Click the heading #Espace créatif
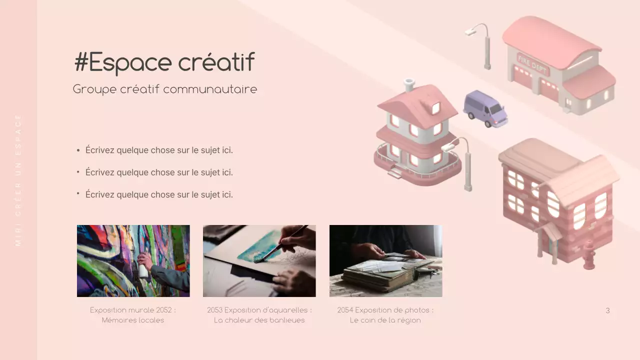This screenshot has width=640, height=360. click(x=164, y=62)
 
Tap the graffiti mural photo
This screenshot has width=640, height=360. click(x=133, y=260)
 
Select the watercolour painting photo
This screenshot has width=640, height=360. click(x=259, y=260)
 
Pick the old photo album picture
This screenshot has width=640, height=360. click(x=385, y=260)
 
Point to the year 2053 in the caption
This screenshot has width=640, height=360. click(x=215, y=310)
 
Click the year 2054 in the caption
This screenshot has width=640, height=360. click(x=345, y=310)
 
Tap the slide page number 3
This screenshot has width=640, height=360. click(x=607, y=310)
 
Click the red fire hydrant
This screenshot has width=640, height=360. click(x=589, y=255)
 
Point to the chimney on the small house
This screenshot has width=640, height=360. click(x=409, y=84)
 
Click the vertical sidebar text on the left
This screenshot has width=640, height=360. click(x=18, y=180)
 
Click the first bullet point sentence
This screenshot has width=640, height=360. click(x=159, y=150)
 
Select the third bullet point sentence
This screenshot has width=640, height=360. click(x=159, y=194)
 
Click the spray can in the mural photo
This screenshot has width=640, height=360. click(x=143, y=270)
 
